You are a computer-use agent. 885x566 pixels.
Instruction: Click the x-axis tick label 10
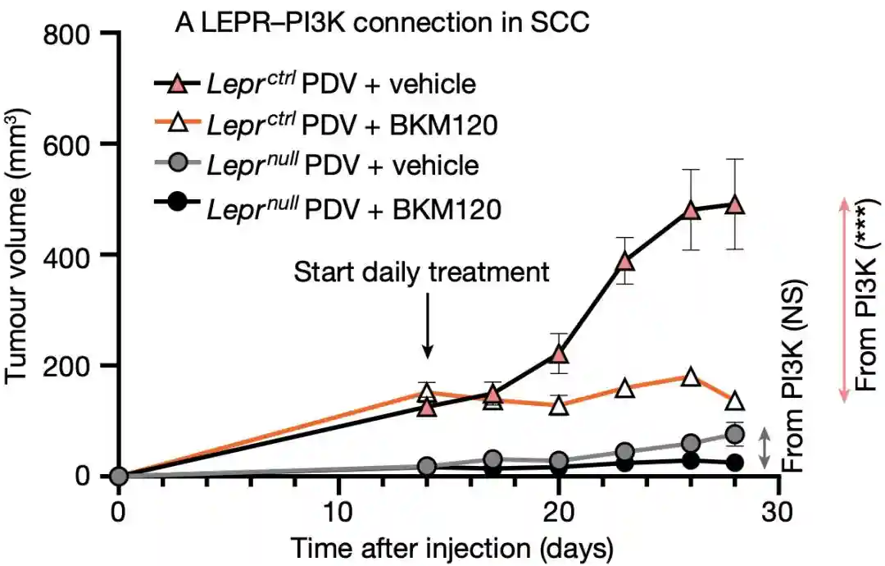(338, 509)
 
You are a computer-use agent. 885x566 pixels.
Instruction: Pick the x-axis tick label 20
(558, 509)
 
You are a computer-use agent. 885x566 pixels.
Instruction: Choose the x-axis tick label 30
(778, 509)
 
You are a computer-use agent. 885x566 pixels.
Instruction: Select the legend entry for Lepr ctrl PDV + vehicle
(315, 84)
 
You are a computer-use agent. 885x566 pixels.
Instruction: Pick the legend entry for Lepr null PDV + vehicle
(315, 167)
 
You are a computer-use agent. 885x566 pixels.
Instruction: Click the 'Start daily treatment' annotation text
(421, 272)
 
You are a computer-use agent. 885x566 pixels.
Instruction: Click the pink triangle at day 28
(735, 205)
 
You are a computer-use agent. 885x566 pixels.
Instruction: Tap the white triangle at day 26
(691, 377)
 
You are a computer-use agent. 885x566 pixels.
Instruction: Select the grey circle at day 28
(735, 434)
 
